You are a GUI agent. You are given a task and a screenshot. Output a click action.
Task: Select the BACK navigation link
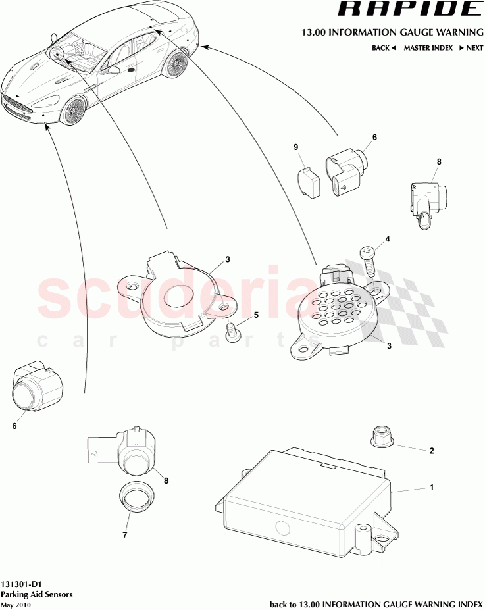[384, 48]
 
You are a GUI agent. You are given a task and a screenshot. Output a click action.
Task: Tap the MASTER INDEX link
[428, 48]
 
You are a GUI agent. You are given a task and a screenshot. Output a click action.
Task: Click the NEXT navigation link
[471, 48]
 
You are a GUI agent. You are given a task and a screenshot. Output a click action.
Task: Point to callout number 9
[296, 147]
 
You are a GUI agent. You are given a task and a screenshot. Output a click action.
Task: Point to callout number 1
[431, 488]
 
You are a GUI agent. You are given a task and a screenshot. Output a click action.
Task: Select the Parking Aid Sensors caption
[37, 594]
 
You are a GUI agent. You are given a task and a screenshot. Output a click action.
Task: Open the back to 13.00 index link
[376, 604]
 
